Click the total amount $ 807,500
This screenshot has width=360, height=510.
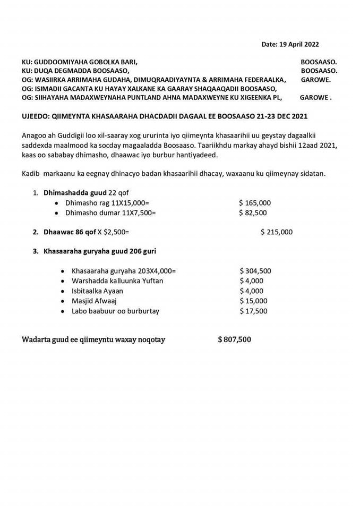234,339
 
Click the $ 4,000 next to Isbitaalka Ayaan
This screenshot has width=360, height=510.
251,291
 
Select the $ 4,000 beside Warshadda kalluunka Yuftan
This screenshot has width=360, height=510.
251,280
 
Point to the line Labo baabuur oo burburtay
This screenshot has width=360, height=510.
115,311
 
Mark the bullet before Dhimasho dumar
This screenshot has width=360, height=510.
57,212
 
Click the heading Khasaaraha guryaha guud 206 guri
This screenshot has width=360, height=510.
99,251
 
